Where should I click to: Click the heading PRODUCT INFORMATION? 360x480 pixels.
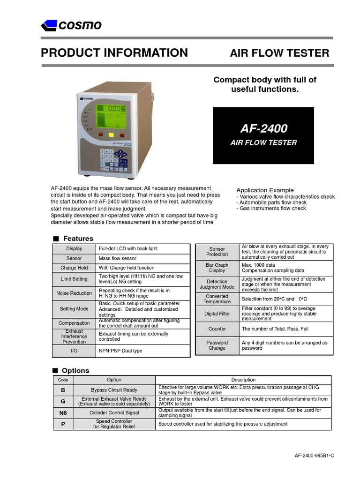[114, 53]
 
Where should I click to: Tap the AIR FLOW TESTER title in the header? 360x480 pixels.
[279, 53]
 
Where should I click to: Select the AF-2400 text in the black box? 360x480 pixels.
[264, 128]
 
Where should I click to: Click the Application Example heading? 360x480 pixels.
[265, 190]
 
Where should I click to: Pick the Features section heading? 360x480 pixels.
[78, 239]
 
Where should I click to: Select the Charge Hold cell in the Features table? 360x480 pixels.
[74, 268]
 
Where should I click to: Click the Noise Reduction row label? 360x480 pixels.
[74, 293]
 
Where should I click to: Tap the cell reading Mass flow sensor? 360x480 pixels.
[117, 258]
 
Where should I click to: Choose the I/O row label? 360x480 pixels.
[74, 351]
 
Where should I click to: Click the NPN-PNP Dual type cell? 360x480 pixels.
[120, 351]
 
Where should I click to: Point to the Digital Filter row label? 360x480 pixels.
[217, 314]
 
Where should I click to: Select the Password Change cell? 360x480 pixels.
[217, 345]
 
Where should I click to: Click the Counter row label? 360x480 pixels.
[217, 329]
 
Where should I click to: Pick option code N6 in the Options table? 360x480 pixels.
[62, 412]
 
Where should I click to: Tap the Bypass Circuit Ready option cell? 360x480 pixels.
[114, 390]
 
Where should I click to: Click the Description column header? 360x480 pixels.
[243, 380]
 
